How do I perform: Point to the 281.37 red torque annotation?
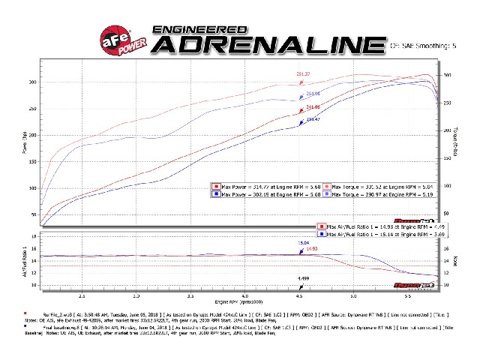(x=303, y=73)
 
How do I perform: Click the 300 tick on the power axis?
(x=33, y=82)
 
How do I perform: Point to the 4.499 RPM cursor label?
(x=302, y=278)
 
